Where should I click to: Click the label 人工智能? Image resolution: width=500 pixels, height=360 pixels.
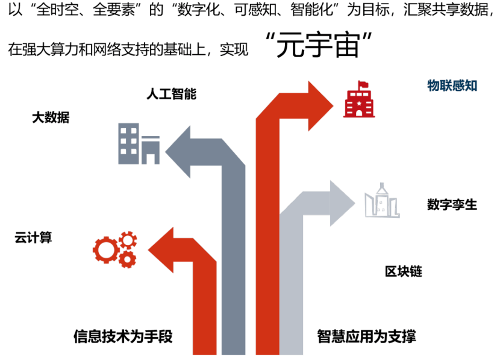171,94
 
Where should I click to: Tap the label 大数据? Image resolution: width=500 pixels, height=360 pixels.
51,118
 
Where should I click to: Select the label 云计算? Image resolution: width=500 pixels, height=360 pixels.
33,238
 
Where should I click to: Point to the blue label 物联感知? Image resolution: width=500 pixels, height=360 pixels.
452,85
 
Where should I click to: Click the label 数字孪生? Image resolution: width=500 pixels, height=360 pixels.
452,205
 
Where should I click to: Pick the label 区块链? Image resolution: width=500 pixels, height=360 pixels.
404,272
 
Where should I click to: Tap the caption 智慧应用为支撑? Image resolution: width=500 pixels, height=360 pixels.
366,336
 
